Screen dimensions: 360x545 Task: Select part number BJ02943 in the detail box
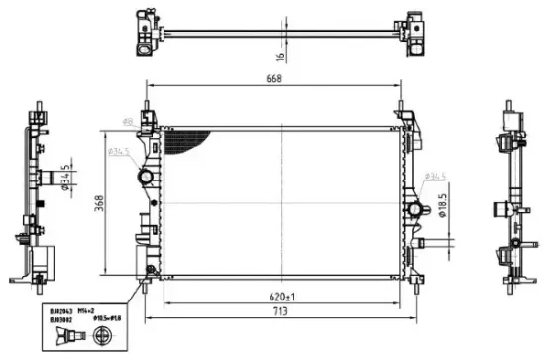point(61,310)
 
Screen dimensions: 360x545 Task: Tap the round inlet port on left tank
point(146,178)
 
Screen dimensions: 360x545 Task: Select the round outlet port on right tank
point(415,209)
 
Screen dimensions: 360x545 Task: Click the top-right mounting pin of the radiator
point(400,106)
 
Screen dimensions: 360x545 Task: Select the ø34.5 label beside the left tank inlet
point(118,152)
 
